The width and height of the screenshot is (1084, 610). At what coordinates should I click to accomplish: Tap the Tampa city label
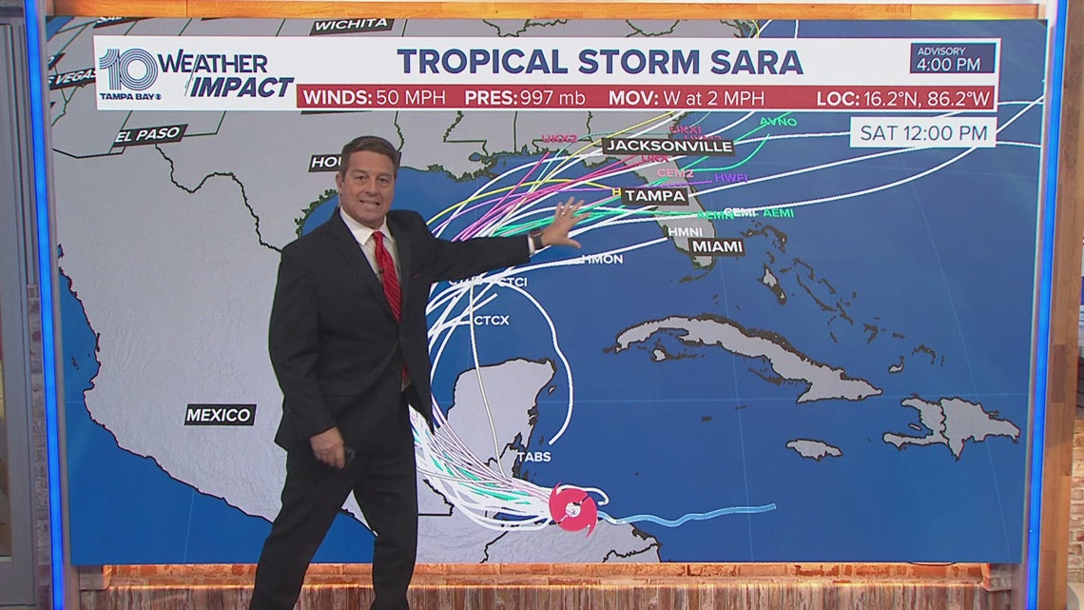tap(655, 195)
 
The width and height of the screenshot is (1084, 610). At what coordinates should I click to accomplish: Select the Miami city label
tap(717, 246)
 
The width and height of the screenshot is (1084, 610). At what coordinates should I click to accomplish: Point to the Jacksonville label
tap(668, 147)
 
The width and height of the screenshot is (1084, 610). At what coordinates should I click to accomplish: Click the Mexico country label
tap(220, 414)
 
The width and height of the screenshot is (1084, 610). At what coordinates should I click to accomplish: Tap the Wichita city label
tap(352, 24)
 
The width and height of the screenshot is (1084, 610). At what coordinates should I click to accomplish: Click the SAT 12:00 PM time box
tap(922, 132)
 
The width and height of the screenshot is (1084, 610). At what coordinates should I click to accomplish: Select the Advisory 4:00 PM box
tap(952, 59)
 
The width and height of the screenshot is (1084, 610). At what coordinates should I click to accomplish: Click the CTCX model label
tap(491, 321)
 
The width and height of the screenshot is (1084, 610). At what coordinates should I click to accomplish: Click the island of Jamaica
tap(814, 447)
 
